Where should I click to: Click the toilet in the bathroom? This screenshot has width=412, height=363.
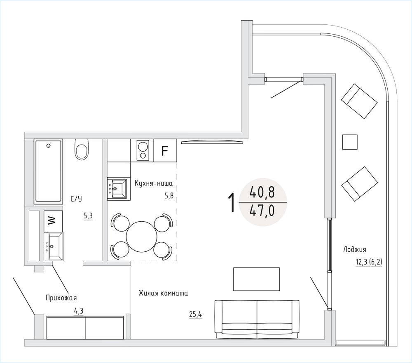tap(82, 149)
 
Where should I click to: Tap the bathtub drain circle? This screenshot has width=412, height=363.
tap(48, 145)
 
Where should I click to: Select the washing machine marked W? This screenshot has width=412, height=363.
tap(53, 221)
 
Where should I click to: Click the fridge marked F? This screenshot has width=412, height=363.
tap(165, 150)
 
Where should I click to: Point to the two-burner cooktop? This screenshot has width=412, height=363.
tap(143, 150)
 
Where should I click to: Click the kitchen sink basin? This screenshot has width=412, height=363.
tap(119, 188)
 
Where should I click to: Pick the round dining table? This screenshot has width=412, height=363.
tap(141, 237)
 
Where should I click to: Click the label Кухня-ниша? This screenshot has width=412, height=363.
tap(153, 183)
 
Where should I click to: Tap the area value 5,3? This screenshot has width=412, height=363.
tap(88, 216)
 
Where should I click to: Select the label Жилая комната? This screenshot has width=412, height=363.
tap(163, 293)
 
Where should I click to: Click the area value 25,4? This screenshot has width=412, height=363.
tap(195, 314)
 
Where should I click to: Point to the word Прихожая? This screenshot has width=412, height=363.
tap(61, 298)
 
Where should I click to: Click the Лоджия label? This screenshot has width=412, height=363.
tap(355, 249)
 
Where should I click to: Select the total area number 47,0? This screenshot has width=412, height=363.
tap(262, 211)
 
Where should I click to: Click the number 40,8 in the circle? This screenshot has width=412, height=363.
tap(262, 192)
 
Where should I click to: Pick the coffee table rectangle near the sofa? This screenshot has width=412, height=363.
tap(256, 279)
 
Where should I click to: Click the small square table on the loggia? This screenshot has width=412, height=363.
tap(350, 142)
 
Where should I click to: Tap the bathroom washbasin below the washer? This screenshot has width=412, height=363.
tap(54, 246)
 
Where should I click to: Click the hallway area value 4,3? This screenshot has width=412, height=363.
tap(79, 311)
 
